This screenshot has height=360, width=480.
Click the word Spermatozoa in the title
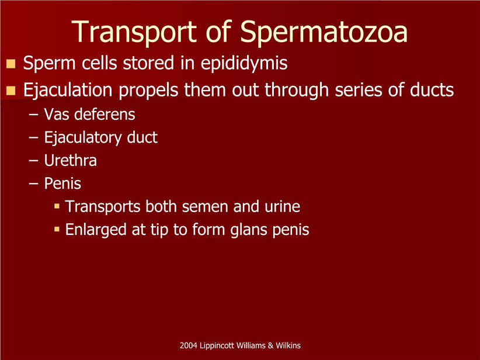point(324,32)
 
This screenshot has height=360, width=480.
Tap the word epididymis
point(244,64)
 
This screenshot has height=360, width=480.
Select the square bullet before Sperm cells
point(11,64)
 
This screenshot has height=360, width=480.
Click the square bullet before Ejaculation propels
point(11,91)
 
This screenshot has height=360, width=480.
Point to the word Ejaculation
point(68,91)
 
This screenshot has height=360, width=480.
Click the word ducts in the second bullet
point(432,90)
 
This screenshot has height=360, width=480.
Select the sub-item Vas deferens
point(89,115)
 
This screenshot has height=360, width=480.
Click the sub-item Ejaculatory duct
point(100,138)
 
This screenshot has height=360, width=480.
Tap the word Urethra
point(71,160)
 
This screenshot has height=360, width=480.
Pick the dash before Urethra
point(33,161)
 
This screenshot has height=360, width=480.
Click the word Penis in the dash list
point(62,184)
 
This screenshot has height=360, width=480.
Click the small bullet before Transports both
point(57,206)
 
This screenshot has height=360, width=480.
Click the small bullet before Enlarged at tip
point(57,229)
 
